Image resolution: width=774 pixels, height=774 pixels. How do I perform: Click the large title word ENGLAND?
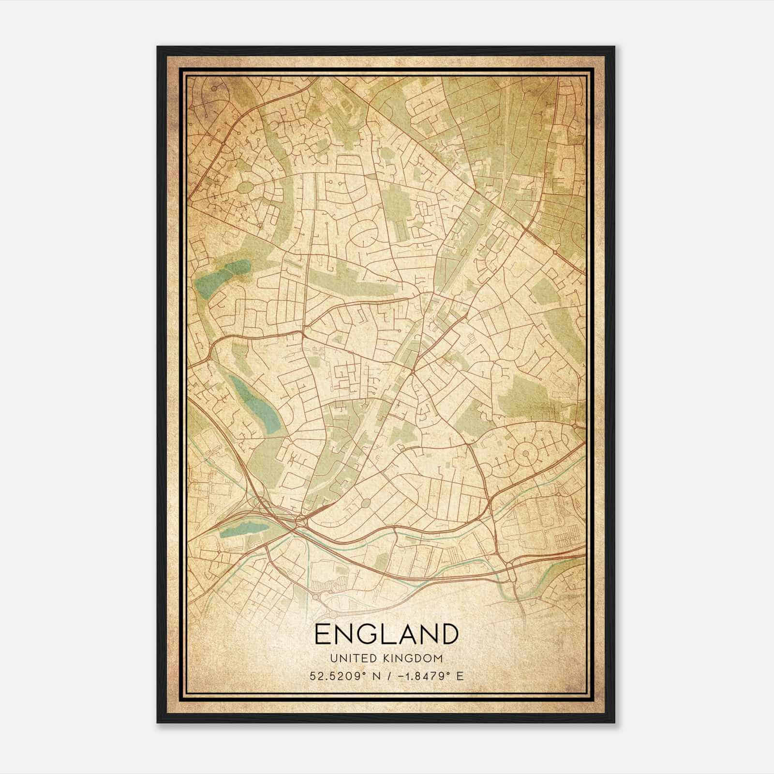pos(386,634)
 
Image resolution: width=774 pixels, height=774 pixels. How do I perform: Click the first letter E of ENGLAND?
pos(323,634)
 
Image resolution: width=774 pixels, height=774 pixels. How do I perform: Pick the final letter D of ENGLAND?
pos(448,634)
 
